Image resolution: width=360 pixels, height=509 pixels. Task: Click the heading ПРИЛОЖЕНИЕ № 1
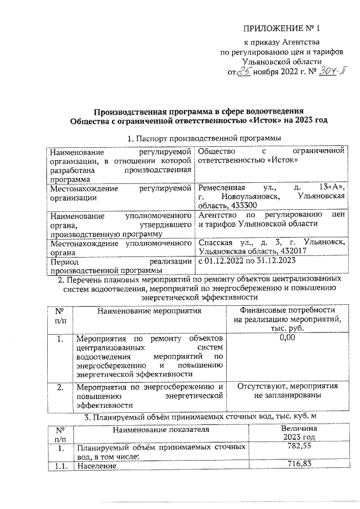[284, 28]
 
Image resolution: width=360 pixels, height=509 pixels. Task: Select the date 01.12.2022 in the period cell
[226, 262]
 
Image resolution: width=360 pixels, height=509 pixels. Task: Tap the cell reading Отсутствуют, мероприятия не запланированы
[287, 391]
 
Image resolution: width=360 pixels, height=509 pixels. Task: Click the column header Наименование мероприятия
[148, 310]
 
